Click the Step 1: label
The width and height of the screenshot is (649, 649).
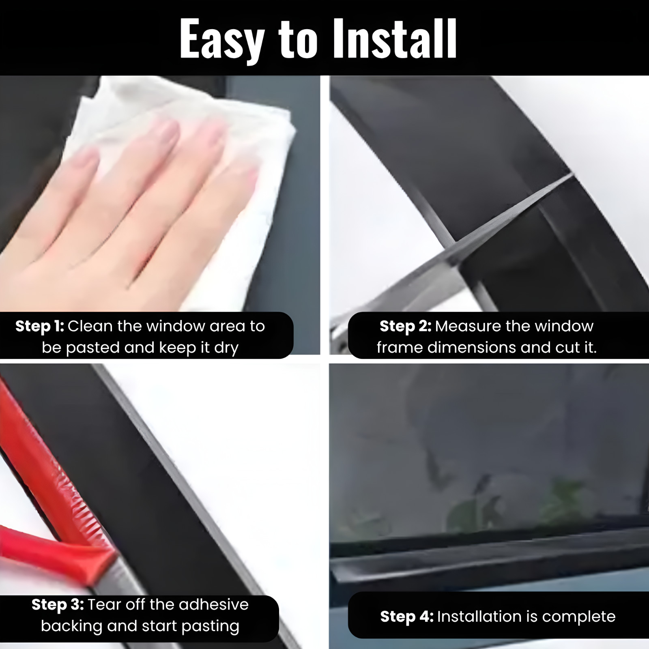pyautogui.click(x=39, y=326)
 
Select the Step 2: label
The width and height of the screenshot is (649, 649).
pyautogui.click(x=405, y=326)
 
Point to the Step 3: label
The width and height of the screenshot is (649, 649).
pyautogui.click(x=58, y=605)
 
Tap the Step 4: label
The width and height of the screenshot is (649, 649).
pyautogui.click(x=406, y=617)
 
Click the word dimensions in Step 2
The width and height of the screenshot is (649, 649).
pyautogui.click(x=472, y=348)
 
